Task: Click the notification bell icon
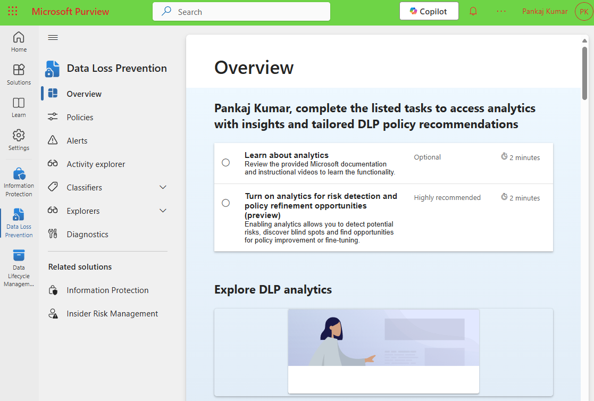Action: [x=473, y=11]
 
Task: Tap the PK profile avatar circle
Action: [x=583, y=12]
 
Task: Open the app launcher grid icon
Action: [x=13, y=11]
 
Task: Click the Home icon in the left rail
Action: [x=19, y=41]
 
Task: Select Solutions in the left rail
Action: [x=19, y=74]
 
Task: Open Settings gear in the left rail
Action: [x=19, y=139]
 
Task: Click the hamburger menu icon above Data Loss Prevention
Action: [x=53, y=37]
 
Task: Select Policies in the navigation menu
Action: [x=80, y=118]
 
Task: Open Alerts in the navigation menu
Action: [x=77, y=141]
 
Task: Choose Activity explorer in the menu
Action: [x=96, y=164]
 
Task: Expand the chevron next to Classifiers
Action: [x=163, y=188]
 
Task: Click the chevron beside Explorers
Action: [x=163, y=211]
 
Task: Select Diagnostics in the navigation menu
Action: [x=87, y=235]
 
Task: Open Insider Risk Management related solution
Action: [x=112, y=314]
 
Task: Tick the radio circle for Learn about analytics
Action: [x=226, y=162]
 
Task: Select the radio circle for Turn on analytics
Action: [x=226, y=203]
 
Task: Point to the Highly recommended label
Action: [x=447, y=198]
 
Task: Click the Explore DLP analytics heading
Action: [x=273, y=290]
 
